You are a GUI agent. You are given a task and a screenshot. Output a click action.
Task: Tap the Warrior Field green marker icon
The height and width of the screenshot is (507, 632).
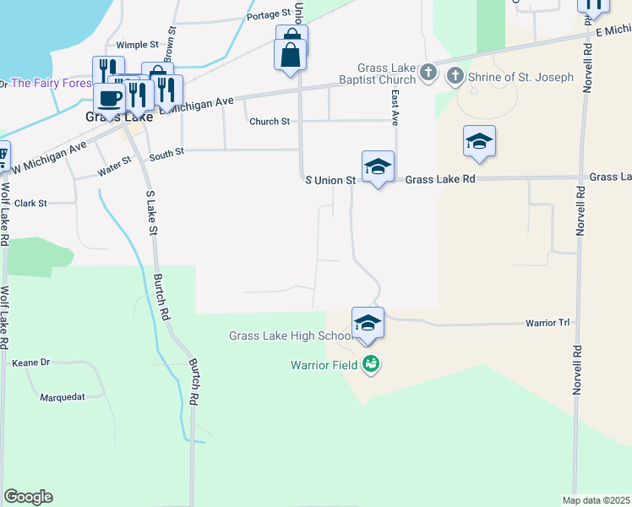(x=370, y=365)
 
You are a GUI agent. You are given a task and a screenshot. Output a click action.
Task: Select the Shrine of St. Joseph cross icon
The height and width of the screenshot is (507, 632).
(x=455, y=77)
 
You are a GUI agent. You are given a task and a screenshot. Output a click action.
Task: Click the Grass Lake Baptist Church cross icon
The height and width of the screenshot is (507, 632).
(x=428, y=73)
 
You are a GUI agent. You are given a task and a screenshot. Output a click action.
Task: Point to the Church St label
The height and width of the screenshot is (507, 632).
(x=270, y=122)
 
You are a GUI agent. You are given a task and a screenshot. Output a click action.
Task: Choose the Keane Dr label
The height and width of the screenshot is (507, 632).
(x=31, y=363)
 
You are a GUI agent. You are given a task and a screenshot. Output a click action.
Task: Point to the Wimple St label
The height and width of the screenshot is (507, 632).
(x=137, y=45)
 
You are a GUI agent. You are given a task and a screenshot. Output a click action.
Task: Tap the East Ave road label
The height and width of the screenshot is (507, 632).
(x=395, y=105)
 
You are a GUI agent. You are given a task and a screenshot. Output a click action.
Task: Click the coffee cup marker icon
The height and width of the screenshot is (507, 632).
(x=109, y=98)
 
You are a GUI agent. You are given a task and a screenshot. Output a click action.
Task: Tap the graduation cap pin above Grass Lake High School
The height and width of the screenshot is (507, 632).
(x=368, y=323)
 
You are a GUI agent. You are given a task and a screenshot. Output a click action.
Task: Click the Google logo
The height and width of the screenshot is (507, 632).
(x=28, y=497)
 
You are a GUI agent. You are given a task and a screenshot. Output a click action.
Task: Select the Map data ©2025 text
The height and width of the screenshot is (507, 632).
(x=597, y=500)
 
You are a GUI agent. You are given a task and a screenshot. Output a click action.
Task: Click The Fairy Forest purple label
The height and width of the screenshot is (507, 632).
(x=51, y=83)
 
